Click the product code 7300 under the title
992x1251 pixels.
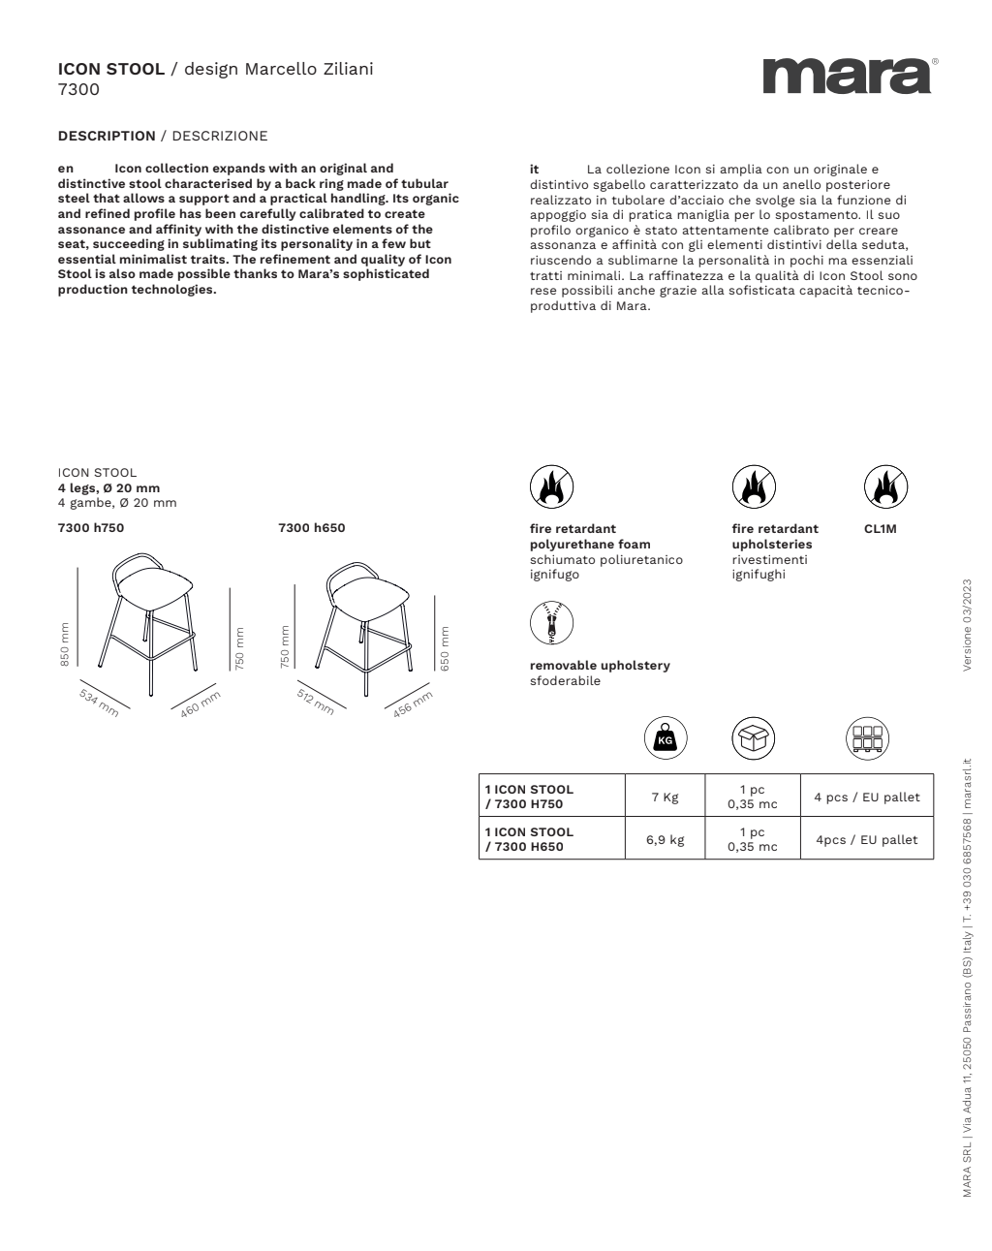[x=78, y=90]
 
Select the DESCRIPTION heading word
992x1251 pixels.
[x=107, y=136]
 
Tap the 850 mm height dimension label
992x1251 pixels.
[x=65, y=643]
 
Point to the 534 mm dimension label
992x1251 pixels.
[x=99, y=703]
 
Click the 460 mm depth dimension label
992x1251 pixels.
[x=201, y=704]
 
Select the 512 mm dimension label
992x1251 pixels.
[x=316, y=702]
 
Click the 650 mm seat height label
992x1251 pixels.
[x=445, y=647]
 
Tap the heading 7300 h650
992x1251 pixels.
[x=311, y=528]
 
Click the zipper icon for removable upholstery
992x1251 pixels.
[x=551, y=623]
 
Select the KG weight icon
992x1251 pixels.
[x=665, y=740]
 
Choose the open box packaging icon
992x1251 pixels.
[x=753, y=740]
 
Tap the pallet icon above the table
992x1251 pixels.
[x=867, y=740]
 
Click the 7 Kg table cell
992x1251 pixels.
[x=665, y=798]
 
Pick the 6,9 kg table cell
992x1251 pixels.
[x=665, y=840]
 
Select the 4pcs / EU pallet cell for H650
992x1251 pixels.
[x=866, y=840]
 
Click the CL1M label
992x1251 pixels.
[x=881, y=529]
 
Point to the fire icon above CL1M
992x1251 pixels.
[x=885, y=486]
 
